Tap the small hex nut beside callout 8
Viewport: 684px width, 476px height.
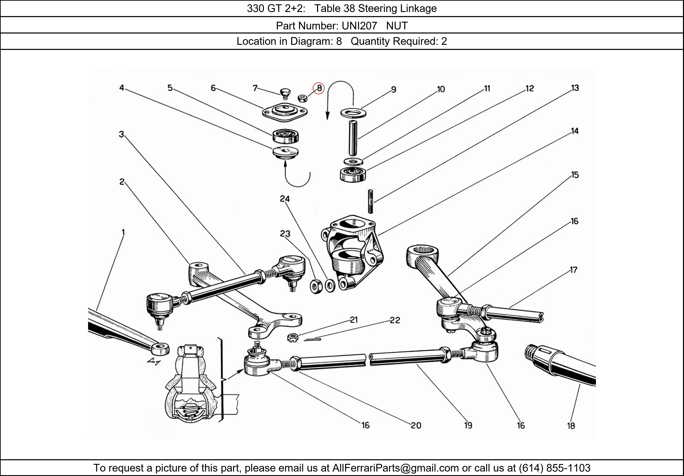(303, 98)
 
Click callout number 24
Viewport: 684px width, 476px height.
(285, 199)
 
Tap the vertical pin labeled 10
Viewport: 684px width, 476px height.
(353, 138)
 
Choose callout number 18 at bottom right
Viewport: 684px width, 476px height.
(571, 426)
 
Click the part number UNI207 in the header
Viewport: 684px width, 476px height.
(359, 26)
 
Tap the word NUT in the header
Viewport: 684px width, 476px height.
(397, 26)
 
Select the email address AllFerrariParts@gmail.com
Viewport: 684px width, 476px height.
(395, 468)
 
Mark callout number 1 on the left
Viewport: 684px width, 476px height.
(123, 232)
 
